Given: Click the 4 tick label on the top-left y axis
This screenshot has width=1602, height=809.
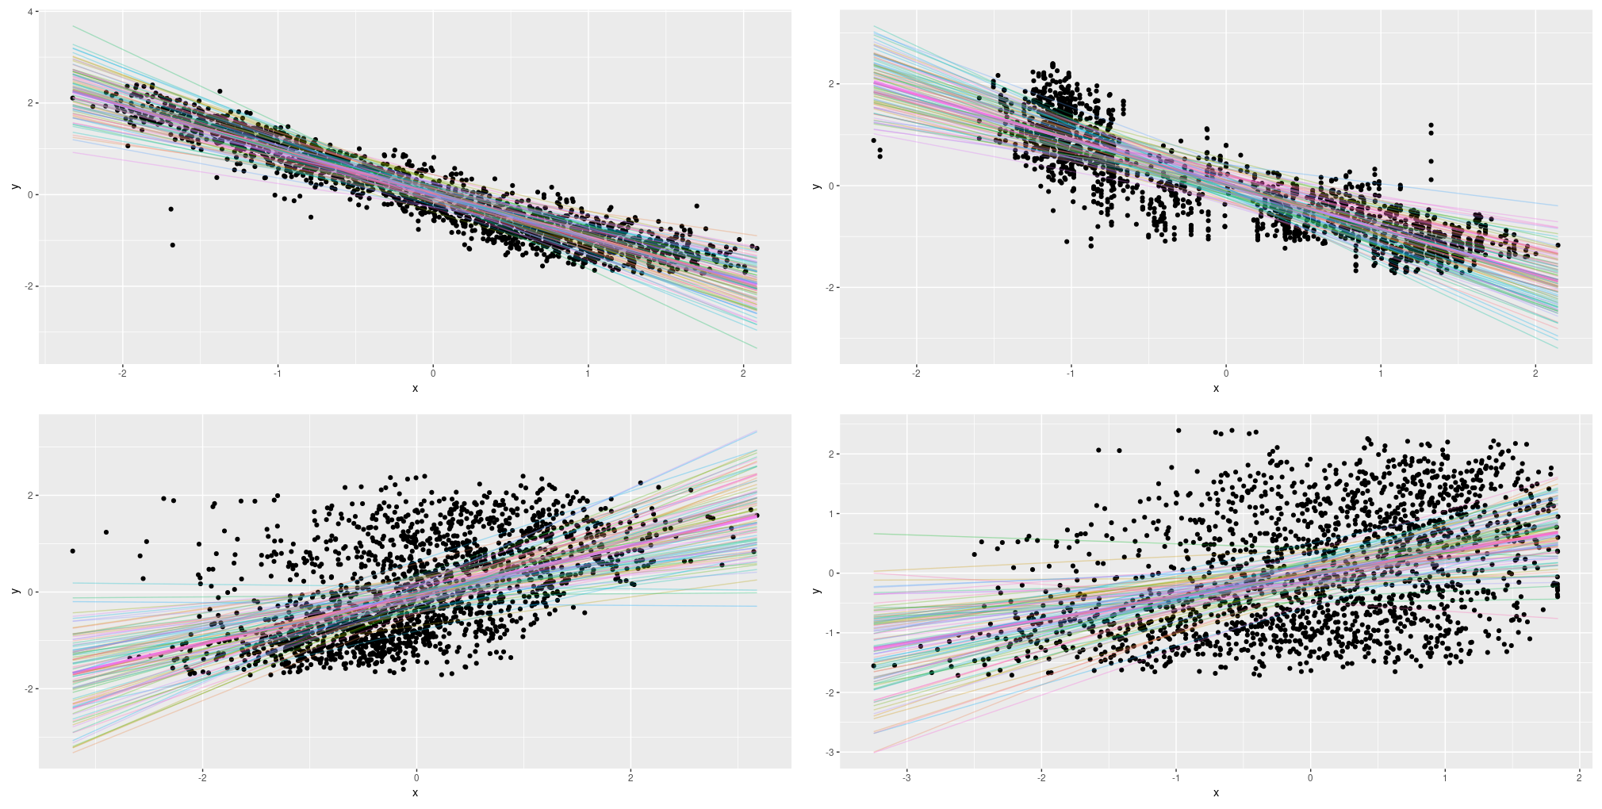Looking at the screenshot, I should [x=29, y=12].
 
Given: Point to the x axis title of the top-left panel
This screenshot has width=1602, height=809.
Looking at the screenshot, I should [x=415, y=389].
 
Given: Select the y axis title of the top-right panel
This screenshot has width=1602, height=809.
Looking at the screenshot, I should [x=816, y=186].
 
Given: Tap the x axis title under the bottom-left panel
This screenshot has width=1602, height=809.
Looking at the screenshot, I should [x=415, y=793].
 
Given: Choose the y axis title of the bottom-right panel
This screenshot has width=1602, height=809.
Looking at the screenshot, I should [x=816, y=591].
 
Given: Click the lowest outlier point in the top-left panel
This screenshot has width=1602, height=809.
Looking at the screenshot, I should [x=173, y=245].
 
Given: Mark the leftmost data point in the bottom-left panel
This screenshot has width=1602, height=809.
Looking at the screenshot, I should [x=72, y=550].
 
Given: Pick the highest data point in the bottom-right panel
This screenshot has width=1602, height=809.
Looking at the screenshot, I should [x=1179, y=431].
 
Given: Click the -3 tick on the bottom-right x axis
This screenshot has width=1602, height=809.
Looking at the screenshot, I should [x=906, y=777].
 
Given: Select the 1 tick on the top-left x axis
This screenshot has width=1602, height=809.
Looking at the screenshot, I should [x=588, y=373].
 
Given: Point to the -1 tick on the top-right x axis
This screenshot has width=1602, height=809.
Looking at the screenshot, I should [x=1070, y=373].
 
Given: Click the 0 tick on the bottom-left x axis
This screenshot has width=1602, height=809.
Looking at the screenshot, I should [x=416, y=777].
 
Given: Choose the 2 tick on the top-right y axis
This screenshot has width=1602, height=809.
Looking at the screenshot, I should [x=830, y=84].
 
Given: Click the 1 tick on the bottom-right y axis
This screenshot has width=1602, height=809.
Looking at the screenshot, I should [x=830, y=514].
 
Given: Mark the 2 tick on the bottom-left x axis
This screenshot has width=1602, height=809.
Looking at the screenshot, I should [x=630, y=777].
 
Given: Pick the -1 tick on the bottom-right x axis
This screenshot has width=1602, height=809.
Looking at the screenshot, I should [x=1175, y=777].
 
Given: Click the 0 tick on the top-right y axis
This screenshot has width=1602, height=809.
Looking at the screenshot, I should [x=830, y=186].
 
